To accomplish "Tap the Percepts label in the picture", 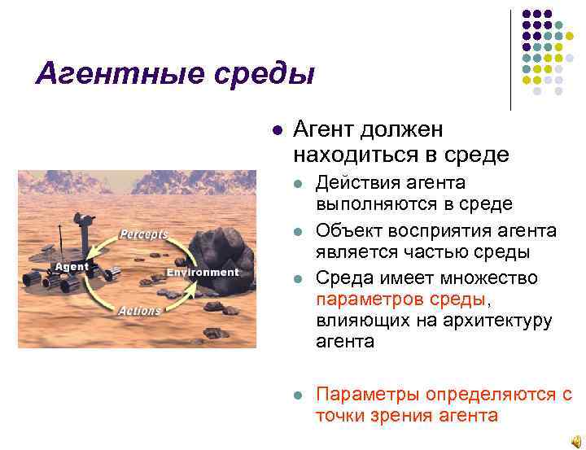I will coord(144,234).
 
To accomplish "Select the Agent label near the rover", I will coord(72,266).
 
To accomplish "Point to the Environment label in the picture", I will coord(202,272).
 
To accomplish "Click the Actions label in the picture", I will coord(139,311).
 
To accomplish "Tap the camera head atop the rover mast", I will coord(81,219).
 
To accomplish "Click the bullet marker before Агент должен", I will coord(277,130).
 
